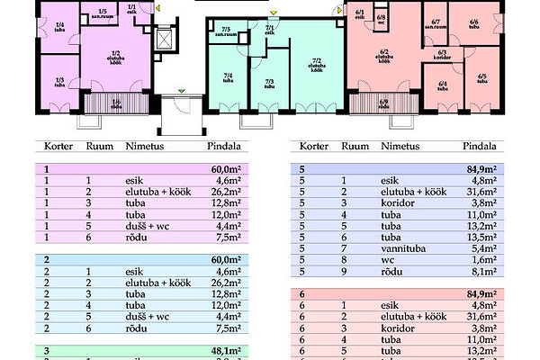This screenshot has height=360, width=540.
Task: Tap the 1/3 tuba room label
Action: click(59, 83)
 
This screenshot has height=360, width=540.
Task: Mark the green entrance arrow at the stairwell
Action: click(182, 90)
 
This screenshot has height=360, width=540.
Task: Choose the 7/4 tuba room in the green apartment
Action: click(229, 78)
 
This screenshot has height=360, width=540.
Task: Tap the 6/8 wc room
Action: click(381, 18)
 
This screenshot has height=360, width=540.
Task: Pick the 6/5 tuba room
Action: click(481, 78)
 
